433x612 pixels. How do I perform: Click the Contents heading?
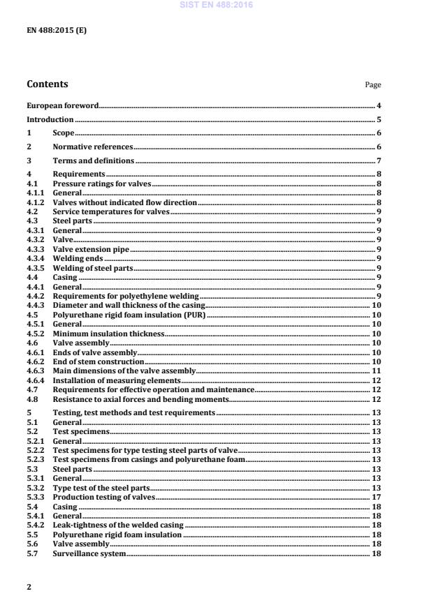click(47, 85)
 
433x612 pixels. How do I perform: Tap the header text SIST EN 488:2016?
click(216, 5)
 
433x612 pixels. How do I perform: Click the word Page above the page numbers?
click(372, 85)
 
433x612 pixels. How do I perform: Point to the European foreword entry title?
click(62, 106)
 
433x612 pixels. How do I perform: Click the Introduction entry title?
click(50, 119)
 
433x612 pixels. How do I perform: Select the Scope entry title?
click(64, 133)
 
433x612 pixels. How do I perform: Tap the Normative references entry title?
click(92, 147)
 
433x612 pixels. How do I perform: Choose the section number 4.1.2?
click(35, 202)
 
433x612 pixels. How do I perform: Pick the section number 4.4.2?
click(35, 297)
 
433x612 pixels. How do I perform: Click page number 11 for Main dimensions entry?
click(376, 372)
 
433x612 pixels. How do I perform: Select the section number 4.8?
click(32, 400)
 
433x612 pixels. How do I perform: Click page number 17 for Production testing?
click(376, 497)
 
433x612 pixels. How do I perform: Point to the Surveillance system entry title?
click(89, 553)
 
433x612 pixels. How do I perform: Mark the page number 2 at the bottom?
click(29, 587)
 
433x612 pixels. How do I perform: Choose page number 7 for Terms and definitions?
click(378, 161)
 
